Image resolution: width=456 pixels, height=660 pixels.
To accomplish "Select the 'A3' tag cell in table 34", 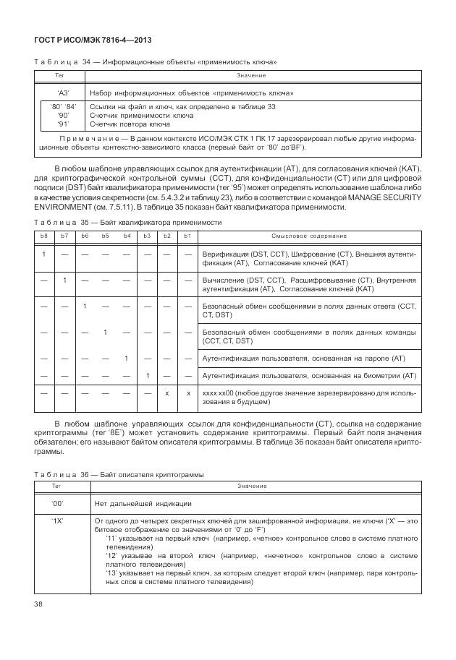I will pos(62,93).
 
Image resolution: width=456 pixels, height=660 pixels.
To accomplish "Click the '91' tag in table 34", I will pos(63,124).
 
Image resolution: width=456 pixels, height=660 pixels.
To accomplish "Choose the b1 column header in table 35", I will pos(187,236).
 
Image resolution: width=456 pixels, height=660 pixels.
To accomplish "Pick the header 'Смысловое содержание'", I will pos(309,236).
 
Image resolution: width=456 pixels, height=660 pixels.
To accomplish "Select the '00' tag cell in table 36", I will pos(58,502).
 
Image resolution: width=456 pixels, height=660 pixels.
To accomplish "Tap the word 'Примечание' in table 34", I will pos(86,137).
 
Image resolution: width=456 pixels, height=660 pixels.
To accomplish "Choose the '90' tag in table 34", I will pos(63,116).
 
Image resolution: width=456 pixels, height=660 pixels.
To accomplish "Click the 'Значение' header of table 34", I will pos(251,76).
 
